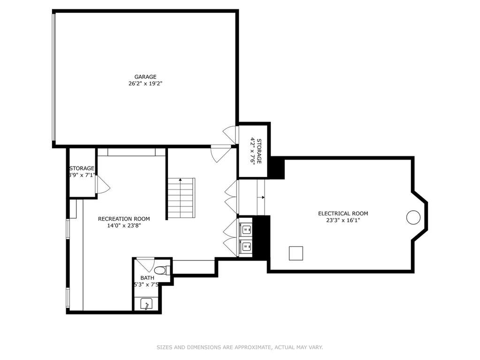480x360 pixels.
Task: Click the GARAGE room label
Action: pyautogui.click(x=145, y=77)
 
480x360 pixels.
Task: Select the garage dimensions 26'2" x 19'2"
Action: pyautogui.click(x=145, y=84)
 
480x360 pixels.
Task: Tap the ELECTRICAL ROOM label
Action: pyautogui.click(x=343, y=214)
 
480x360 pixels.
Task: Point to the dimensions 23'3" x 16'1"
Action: pyautogui.click(x=343, y=220)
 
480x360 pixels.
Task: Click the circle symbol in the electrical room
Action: pyautogui.click(x=413, y=217)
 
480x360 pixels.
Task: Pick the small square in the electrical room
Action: pyautogui.click(x=296, y=253)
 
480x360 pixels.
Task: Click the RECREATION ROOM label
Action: pyautogui.click(x=124, y=219)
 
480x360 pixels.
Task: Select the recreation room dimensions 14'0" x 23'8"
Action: pyautogui.click(x=124, y=226)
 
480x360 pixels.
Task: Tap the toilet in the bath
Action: pyautogui.click(x=161, y=270)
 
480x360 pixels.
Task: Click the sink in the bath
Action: pyautogui.click(x=147, y=304)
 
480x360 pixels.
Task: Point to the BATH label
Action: pyautogui.click(x=147, y=278)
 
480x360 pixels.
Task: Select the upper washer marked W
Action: pyautogui.click(x=245, y=229)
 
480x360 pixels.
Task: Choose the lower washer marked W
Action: pyautogui.click(x=245, y=246)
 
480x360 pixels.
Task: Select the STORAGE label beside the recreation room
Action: pyautogui.click(x=82, y=169)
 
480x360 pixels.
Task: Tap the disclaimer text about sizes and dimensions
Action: pyautogui.click(x=240, y=347)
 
